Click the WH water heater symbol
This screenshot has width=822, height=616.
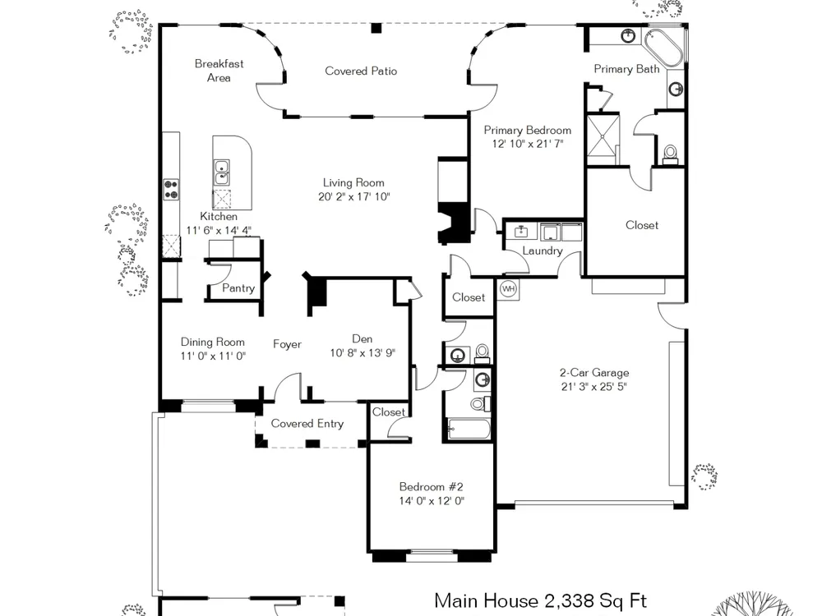point(508,288)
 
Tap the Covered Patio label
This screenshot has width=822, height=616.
point(361,71)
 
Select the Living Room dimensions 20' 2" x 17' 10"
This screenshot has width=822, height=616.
point(353,197)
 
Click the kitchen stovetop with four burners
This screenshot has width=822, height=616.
point(171,189)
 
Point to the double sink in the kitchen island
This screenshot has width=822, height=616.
point(221,172)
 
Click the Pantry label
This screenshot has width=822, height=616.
point(238,288)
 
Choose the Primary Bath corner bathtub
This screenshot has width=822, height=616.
point(663,47)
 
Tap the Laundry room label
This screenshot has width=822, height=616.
point(542,251)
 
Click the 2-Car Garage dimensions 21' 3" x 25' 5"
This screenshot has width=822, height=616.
point(594,387)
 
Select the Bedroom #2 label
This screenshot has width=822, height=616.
point(431,486)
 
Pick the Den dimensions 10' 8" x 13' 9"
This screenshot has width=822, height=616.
point(363,353)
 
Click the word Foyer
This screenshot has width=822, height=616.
point(287,344)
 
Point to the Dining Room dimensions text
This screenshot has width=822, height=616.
point(213,356)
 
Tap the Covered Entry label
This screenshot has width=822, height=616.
point(307,423)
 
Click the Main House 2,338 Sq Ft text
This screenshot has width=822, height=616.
point(541,600)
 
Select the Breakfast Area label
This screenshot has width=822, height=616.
point(219,71)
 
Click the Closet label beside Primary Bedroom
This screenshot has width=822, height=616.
point(642,225)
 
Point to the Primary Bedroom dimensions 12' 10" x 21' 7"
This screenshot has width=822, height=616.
point(528,144)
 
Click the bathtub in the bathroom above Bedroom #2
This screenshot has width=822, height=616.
point(469,429)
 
